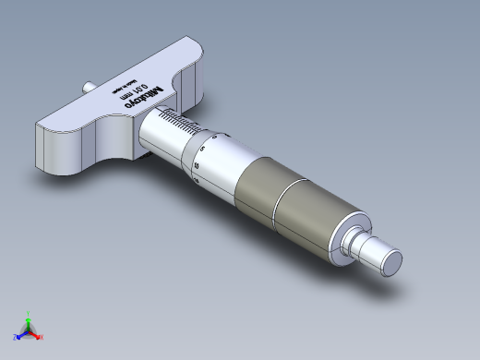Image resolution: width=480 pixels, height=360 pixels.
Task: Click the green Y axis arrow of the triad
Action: (x=29, y=316)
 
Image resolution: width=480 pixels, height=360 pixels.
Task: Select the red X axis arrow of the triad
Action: (x=39, y=336)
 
